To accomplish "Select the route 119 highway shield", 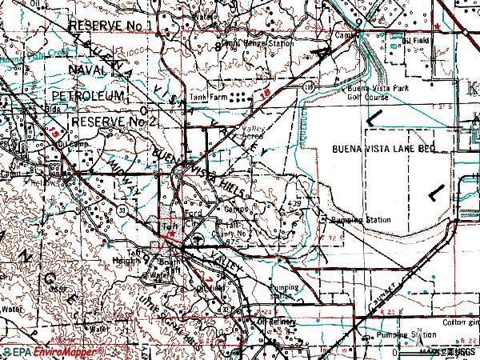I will click(x=308, y=83).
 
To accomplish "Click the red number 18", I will click(x=265, y=95).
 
